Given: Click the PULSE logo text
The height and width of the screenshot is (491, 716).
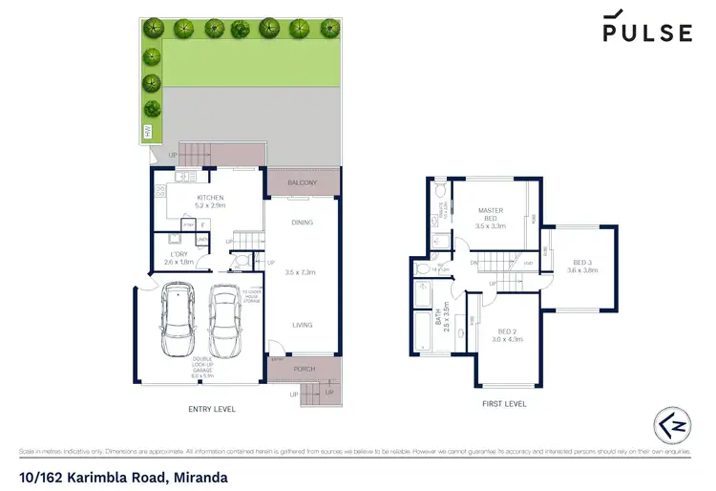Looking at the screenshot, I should pos(646,32).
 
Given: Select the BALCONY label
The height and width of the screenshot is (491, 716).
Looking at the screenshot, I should pos(302,181).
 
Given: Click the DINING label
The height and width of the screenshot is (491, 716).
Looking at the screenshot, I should pos(302,223).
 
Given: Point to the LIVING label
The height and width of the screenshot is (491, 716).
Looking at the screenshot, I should pos(302,325).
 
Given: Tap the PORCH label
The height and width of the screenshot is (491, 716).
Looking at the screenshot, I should pos(304,368).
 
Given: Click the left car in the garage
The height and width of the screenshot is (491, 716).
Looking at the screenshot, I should pos(179,313).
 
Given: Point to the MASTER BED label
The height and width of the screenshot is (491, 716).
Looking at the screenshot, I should pos(490,217).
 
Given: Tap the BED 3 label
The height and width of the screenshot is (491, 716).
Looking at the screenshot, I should pos(582,263).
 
